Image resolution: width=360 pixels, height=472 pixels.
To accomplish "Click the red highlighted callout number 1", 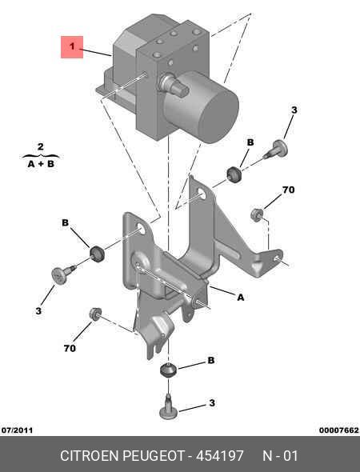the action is [72, 47].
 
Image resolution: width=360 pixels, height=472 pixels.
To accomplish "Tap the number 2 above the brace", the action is [41, 147].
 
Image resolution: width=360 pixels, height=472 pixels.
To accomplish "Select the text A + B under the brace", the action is [41, 164].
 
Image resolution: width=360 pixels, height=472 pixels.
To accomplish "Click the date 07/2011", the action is [17, 430].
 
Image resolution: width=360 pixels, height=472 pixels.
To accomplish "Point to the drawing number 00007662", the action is [339, 430].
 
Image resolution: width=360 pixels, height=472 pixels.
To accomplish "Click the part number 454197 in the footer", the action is [220, 456].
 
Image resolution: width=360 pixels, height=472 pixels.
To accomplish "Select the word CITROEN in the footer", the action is [90, 456].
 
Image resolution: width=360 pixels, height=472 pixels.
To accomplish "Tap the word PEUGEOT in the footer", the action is [153, 456].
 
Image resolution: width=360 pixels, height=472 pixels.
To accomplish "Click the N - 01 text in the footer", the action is [280, 456].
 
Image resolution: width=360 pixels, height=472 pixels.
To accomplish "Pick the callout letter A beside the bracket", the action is [240, 298].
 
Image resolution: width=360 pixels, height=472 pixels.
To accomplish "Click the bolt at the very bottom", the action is [168, 407].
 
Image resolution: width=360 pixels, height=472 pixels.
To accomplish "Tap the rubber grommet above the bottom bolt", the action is [168, 370].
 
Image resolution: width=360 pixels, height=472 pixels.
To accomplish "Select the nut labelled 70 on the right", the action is [257, 214].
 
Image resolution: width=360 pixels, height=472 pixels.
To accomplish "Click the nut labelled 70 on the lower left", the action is [96, 314].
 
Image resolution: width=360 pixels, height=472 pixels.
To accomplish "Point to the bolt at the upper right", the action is [276, 150].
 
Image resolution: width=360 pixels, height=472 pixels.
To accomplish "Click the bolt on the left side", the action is [63, 274].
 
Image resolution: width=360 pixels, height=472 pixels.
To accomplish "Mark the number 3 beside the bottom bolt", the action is [212, 402].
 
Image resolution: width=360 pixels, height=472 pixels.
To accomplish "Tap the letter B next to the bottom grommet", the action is [211, 360].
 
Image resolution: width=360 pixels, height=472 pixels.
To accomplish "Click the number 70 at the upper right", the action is [288, 190].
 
